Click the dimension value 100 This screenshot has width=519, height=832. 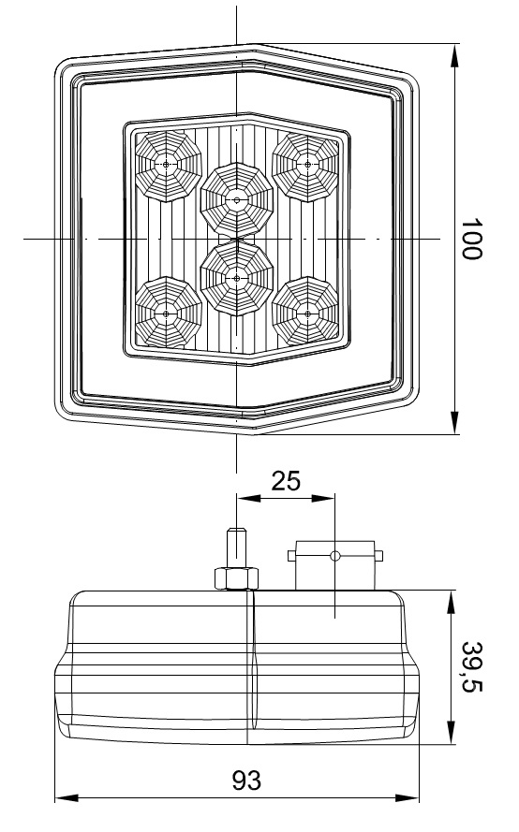pos(471,239)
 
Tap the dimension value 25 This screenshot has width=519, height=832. pos(286,481)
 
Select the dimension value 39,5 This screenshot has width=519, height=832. pos(471,666)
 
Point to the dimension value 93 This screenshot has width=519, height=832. pos(246,781)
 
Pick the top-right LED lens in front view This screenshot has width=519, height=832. pos(306,166)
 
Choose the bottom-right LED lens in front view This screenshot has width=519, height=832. pos(306,314)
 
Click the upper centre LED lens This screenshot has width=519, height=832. pos(237,200)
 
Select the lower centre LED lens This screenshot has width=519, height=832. pos(237,278)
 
